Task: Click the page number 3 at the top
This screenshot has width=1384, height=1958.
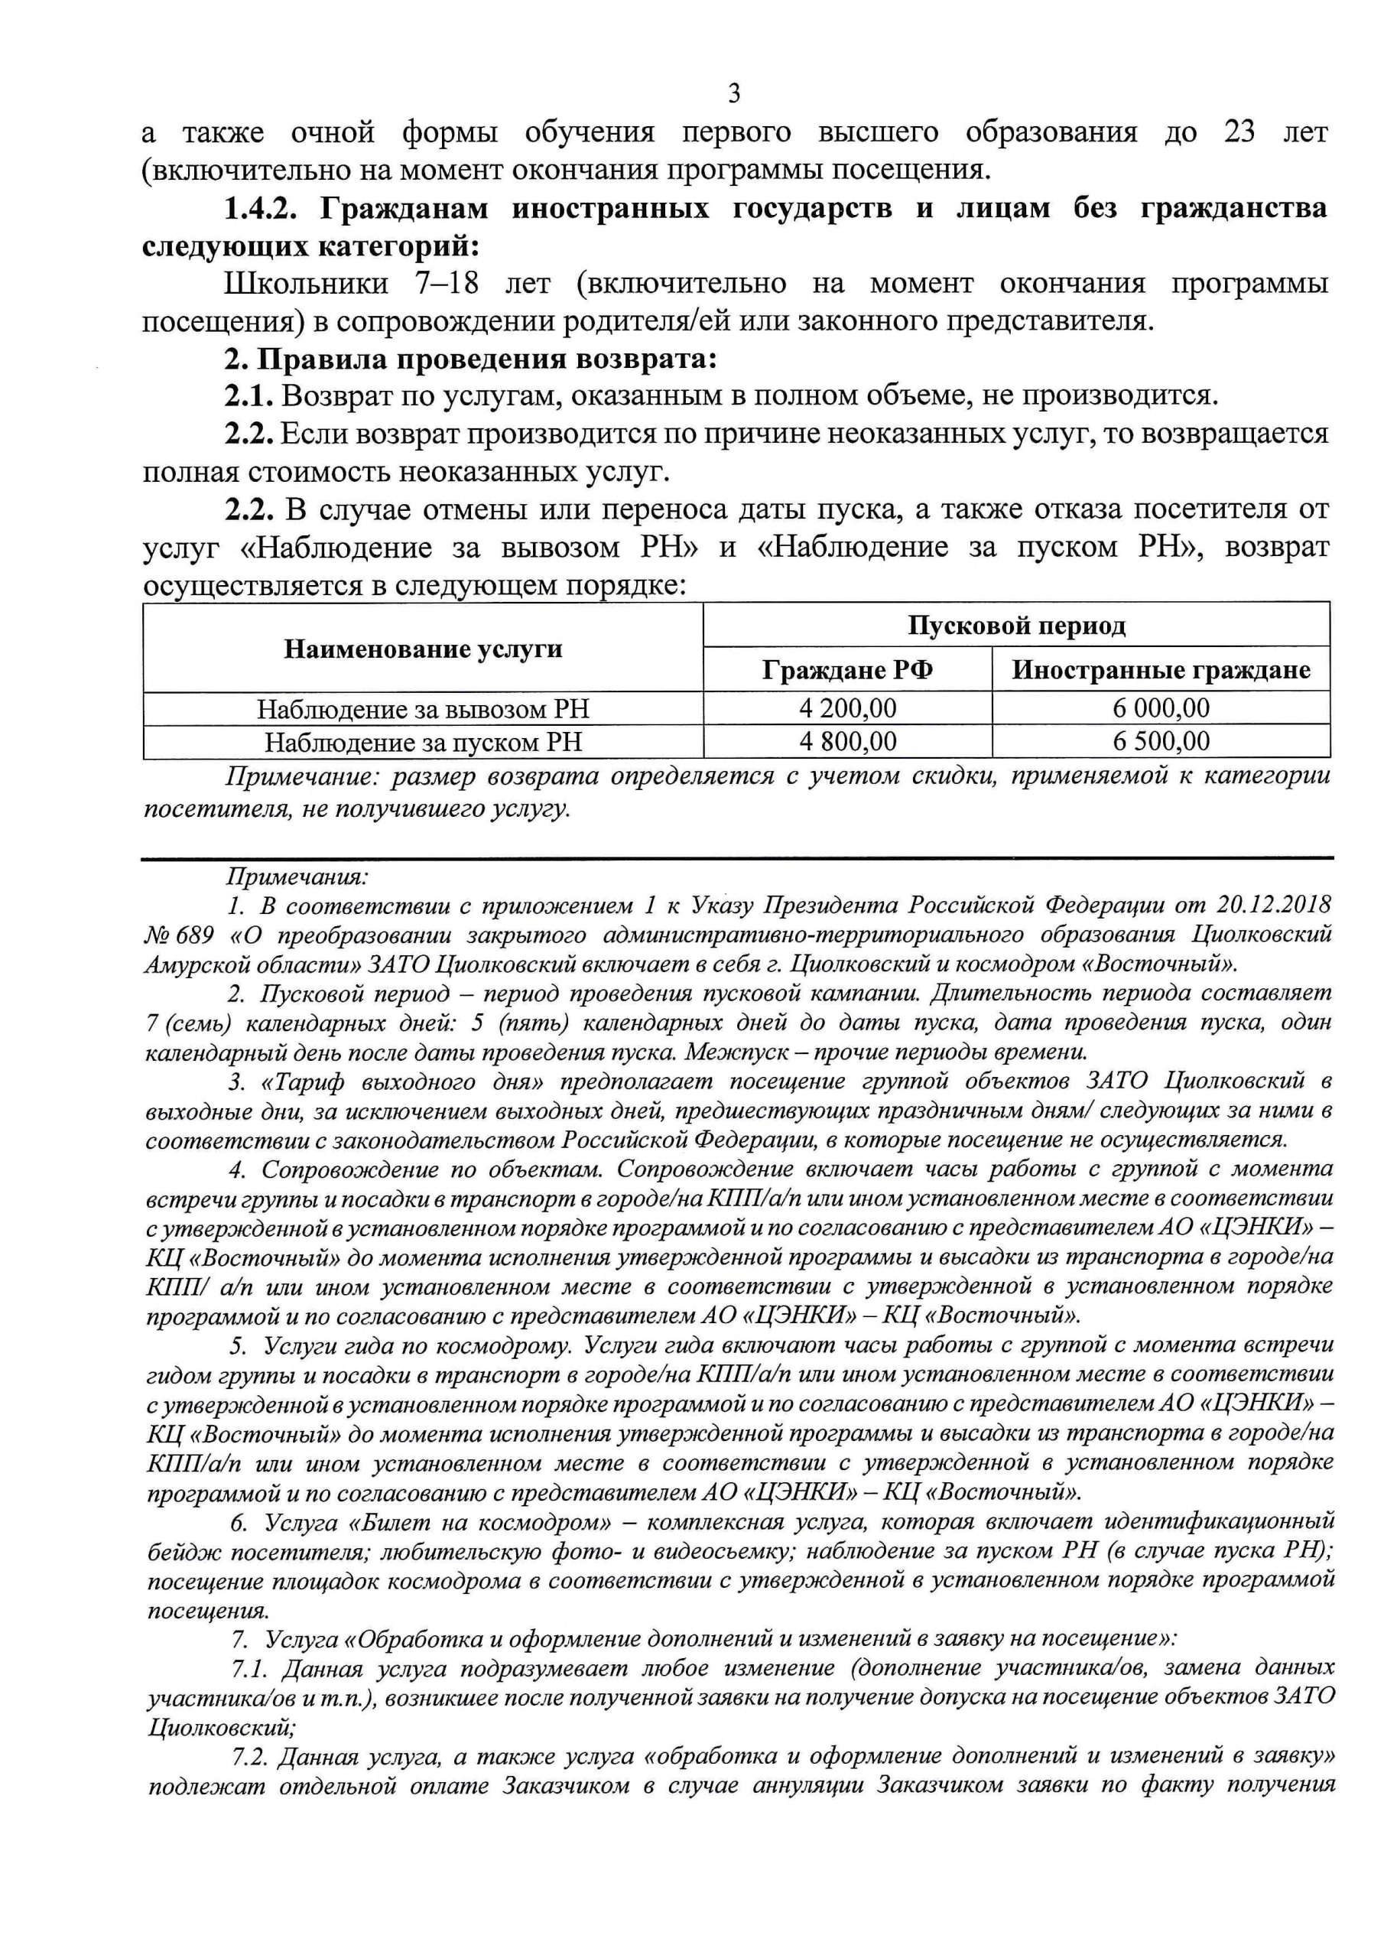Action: [x=734, y=92]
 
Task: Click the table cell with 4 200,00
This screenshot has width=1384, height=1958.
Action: [x=848, y=707]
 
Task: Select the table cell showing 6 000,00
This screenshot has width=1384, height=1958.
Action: [x=1161, y=707]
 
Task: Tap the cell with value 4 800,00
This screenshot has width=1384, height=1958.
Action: [x=848, y=741]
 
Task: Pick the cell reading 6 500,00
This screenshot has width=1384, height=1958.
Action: [x=1161, y=741]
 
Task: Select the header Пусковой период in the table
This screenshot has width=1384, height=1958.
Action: [x=1015, y=626]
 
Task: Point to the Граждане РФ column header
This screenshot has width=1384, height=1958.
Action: [x=848, y=670]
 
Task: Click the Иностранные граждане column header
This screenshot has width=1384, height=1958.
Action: [x=1161, y=670]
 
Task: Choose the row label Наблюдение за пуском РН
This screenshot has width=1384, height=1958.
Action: [x=423, y=742]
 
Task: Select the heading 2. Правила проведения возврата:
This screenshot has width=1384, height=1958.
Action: [x=469, y=359]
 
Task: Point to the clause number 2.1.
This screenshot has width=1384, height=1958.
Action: [x=250, y=396]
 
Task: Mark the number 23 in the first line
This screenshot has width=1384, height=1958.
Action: [x=1238, y=133]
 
